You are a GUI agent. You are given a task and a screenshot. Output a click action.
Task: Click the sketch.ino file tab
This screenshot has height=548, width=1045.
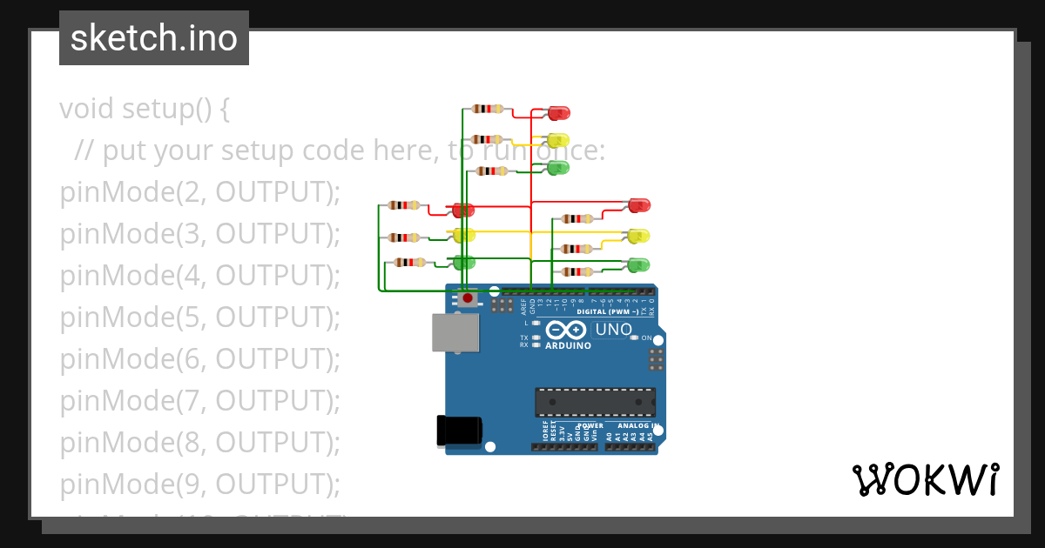(154, 38)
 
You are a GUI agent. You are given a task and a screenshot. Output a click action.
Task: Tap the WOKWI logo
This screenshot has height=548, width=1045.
(925, 479)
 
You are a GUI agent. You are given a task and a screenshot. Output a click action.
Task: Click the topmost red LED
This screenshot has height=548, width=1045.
(558, 112)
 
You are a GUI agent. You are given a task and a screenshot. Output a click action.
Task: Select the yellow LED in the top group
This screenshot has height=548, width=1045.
(557, 140)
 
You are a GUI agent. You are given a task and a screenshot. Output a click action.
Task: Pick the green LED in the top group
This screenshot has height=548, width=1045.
(557, 167)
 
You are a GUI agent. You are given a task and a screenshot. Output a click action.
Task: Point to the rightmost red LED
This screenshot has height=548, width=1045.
(639, 206)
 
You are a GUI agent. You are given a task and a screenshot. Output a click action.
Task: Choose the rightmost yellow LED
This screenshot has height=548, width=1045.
(639, 236)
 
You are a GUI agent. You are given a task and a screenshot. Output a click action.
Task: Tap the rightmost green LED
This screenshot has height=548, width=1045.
(639, 264)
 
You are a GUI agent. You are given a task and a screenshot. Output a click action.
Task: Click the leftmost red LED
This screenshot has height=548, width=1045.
(462, 211)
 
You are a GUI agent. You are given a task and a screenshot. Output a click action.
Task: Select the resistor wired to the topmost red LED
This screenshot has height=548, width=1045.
(487, 109)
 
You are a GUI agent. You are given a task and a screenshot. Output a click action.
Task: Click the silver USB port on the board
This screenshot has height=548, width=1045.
(455, 333)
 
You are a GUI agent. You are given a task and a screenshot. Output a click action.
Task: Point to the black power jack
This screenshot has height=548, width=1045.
(458, 431)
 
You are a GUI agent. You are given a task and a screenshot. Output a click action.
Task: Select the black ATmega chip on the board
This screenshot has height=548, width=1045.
(595, 403)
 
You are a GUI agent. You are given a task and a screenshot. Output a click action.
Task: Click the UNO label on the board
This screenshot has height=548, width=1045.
(613, 330)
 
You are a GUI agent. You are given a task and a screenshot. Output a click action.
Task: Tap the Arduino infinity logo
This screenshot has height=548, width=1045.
(568, 331)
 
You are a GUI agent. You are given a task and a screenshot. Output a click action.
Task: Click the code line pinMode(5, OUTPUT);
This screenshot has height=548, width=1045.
(199, 317)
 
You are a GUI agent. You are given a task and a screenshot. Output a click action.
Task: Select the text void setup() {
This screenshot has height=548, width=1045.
(145, 110)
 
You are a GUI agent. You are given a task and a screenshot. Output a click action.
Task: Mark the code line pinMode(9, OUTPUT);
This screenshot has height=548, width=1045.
(199, 484)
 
